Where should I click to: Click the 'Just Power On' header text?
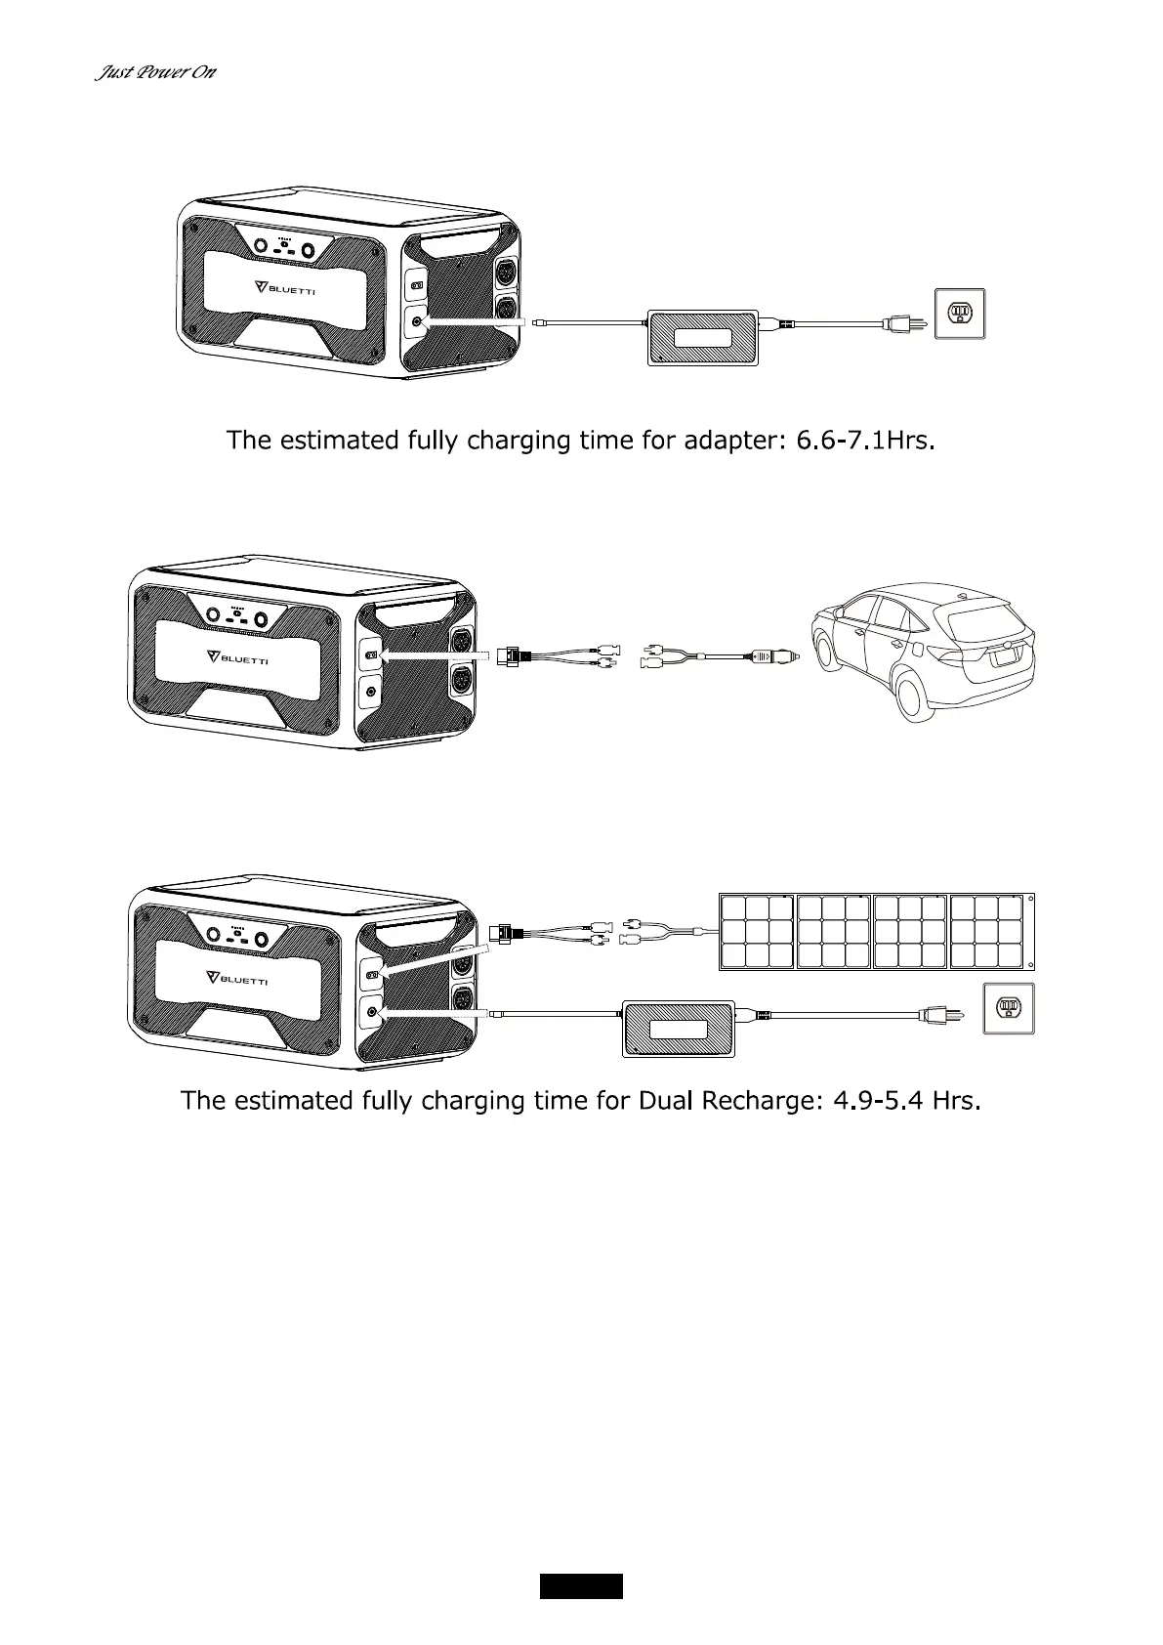pyautogui.click(x=154, y=73)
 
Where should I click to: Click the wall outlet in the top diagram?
pyautogui.click(x=960, y=315)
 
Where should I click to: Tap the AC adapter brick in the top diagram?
pyautogui.click(x=703, y=337)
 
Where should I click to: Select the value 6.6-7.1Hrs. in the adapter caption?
pyautogui.click(x=867, y=441)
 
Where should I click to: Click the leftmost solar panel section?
pyautogui.click(x=757, y=932)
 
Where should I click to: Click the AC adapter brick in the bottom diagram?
pyautogui.click(x=679, y=1028)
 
